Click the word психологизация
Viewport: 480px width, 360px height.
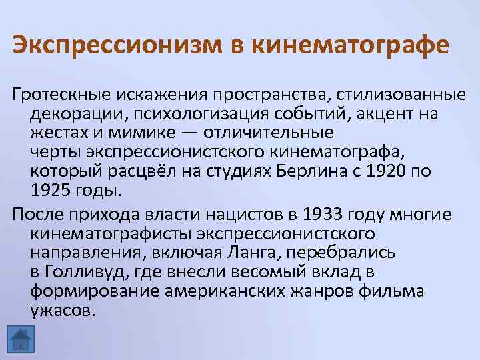177,113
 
